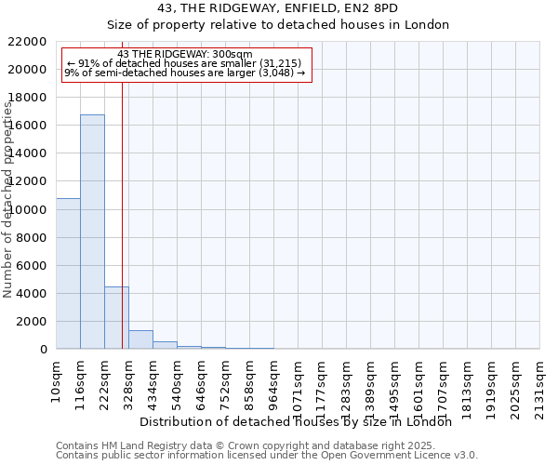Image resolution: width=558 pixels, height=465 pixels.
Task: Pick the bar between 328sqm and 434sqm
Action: (140, 339)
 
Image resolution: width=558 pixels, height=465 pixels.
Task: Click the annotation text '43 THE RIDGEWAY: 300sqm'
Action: (185, 55)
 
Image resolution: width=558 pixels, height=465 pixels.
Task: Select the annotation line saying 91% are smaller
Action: (185, 63)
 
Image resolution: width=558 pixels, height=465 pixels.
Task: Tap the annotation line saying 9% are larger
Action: (185, 73)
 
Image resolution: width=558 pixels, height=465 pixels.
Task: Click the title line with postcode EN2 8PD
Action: (278, 7)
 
